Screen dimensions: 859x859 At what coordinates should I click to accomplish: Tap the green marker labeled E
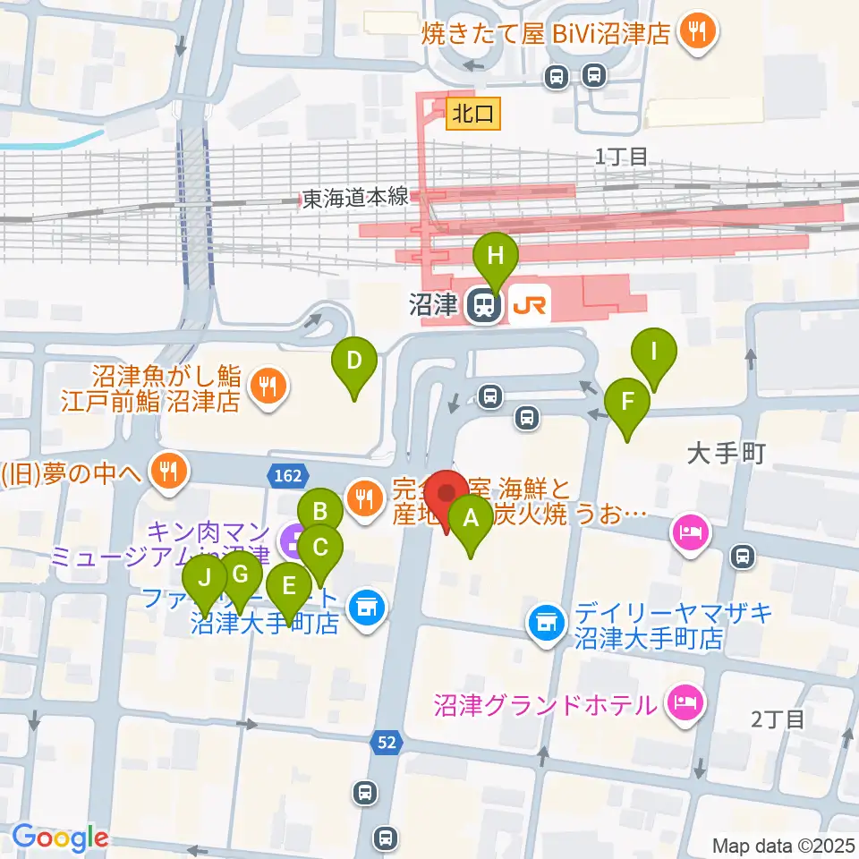(x=289, y=587)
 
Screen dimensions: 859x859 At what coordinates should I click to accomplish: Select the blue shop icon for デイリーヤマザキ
(x=546, y=621)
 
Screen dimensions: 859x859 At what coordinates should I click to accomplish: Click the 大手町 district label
(x=726, y=455)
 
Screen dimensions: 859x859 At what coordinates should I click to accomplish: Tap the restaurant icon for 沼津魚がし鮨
(x=266, y=387)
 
